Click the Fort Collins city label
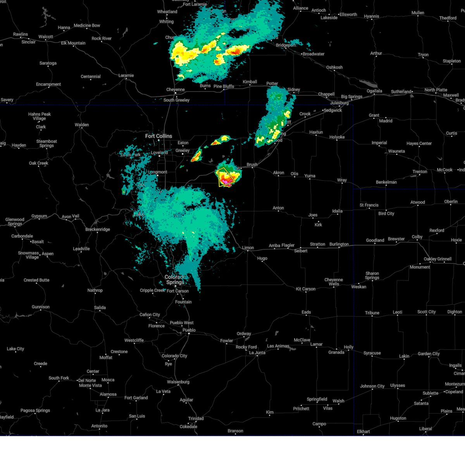[158, 136]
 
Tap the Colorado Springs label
[175, 279]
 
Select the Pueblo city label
[189, 330]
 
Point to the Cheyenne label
[176, 90]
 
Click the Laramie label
[126, 76]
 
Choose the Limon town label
[248, 248]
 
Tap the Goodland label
[375, 240]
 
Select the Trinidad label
[196, 418]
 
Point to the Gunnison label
[41, 307]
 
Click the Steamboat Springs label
[46, 143]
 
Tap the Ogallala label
[374, 91]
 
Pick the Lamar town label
[316, 344]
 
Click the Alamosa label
[108, 394]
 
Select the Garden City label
[428, 353]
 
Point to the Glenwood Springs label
[15, 222]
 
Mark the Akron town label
[279, 173]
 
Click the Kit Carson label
[306, 289]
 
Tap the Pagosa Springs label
[35, 410]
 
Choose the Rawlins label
[21, 34]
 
